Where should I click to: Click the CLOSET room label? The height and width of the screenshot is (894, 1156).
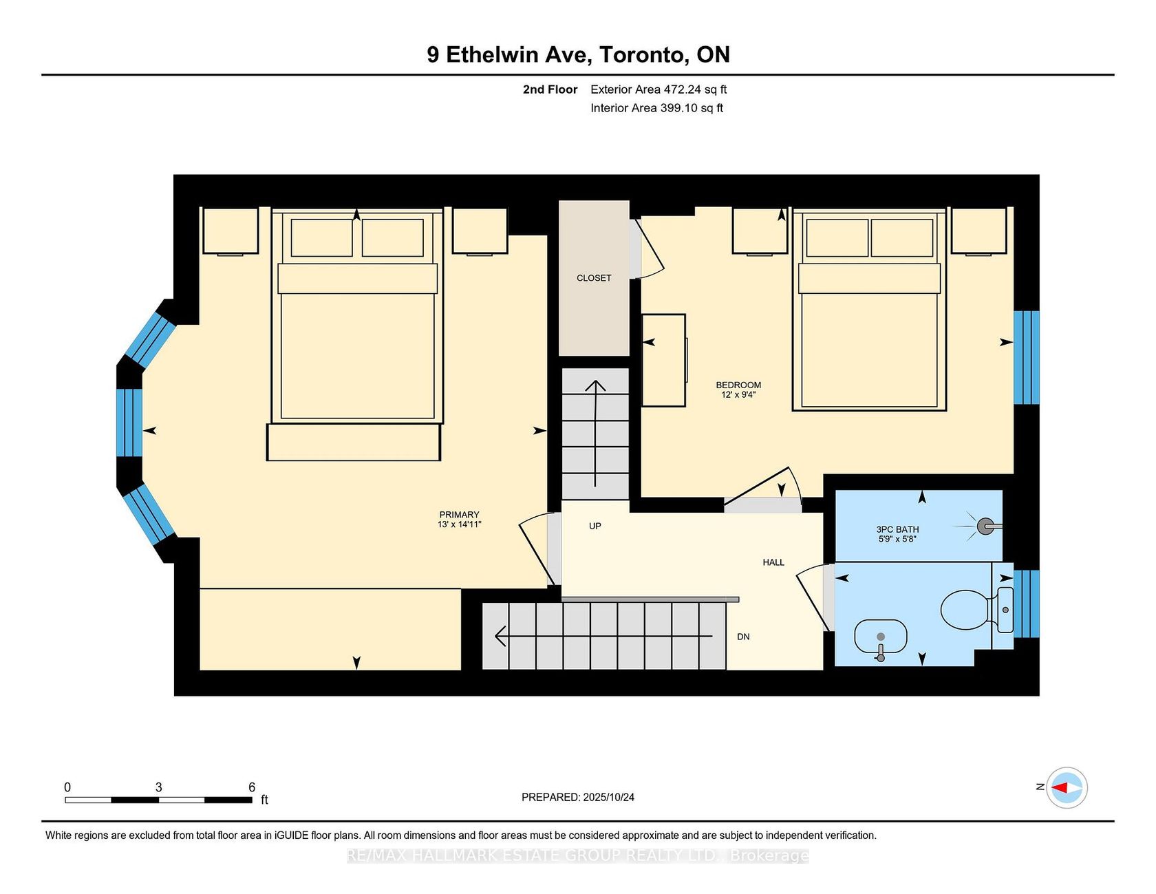[x=594, y=278]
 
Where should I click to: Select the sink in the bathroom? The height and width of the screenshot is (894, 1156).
[x=881, y=638]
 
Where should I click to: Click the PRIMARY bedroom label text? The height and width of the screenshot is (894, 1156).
[x=459, y=515]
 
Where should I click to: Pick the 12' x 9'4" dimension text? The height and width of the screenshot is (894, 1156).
[x=738, y=395]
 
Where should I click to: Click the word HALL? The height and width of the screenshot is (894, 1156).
[x=773, y=562]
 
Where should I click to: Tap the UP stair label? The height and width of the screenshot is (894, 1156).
[x=595, y=526]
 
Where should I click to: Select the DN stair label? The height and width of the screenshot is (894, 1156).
[x=743, y=637]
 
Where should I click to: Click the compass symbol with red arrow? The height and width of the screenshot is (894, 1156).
[x=1067, y=787]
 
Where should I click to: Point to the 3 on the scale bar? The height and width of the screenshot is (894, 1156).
[x=158, y=787]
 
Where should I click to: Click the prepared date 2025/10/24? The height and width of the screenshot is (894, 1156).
[x=608, y=797]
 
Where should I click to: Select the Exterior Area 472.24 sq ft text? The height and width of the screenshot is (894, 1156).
[x=659, y=89]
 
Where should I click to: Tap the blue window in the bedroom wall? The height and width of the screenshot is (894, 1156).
[x=1027, y=357]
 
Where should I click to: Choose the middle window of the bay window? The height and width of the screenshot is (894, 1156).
[x=129, y=423]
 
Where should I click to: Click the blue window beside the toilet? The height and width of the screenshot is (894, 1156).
[x=1027, y=604]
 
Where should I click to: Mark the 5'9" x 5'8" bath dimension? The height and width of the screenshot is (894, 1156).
[x=897, y=539]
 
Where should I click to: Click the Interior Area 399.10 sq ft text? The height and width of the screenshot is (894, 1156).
[x=656, y=108]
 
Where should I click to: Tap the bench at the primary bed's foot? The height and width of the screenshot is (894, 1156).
[x=354, y=442]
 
